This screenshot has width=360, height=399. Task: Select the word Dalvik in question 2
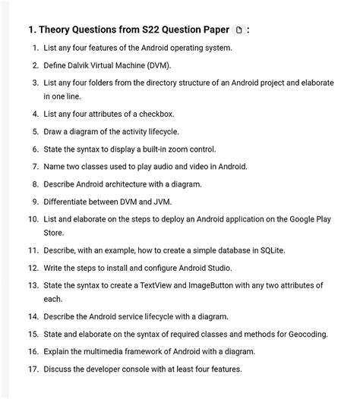click(x=85, y=65)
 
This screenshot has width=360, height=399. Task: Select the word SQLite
click(x=273, y=250)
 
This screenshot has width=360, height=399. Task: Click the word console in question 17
click(x=134, y=369)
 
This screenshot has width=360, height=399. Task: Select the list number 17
click(x=33, y=369)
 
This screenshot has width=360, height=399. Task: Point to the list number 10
click(x=33, y=219)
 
